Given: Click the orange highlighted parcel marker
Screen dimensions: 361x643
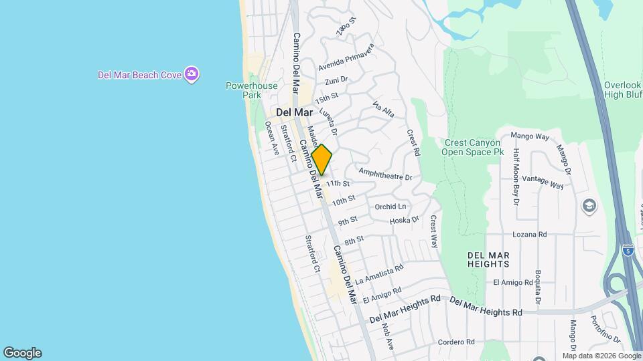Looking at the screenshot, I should pyautogui.click(x=321, y=160).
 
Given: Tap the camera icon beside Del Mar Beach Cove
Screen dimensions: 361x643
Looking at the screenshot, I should pyautogui.click(x=192, y=74).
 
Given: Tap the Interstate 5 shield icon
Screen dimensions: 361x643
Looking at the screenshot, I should pyautogui.click(x=628, y=251).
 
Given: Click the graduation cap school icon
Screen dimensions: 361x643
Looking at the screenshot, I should pyautogui.click(x=589, y=205).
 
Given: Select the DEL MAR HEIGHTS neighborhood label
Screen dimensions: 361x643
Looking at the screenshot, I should pyautogui.click(x=489, y=259).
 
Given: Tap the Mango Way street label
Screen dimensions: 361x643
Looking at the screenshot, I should pyautogui.click(x=530, y=136).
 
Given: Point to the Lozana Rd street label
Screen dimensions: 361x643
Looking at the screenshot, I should pyautogui.click(x=530, y=235).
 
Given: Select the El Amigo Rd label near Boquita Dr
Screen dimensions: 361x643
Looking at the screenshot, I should pyautogui.click(x=511, y=283).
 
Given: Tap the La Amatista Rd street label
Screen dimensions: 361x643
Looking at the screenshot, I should pyautogui.click(x=379, y=273).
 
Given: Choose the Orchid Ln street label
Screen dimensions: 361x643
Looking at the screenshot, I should pyautogui.click(x=390, y=207).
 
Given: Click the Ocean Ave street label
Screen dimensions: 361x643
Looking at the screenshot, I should pyautogui.click(x=271, y=138).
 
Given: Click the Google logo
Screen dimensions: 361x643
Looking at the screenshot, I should pyautogui.click(x=22, y=352).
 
